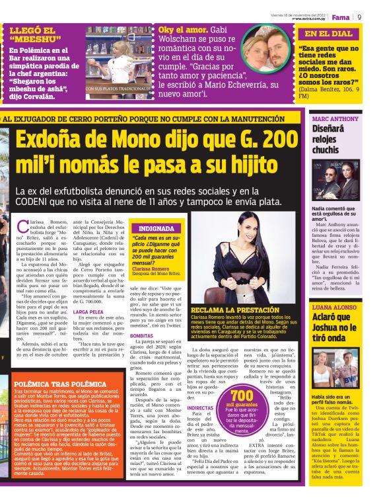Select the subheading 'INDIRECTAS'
(x=201, y=408)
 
